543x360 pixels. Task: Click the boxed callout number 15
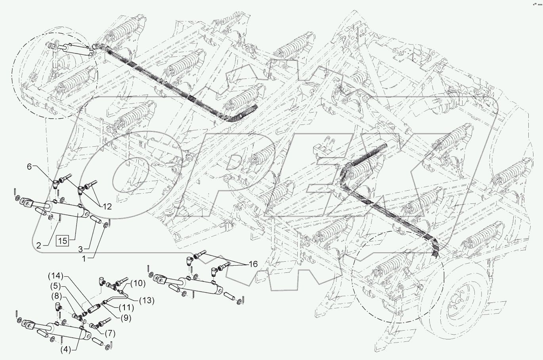tap(63, 241)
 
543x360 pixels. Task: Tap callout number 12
tap(107, 206)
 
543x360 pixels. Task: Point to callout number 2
tap(39, 246)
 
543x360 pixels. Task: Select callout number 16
tap(253, 263)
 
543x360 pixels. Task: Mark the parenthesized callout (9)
tap(124, 317)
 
